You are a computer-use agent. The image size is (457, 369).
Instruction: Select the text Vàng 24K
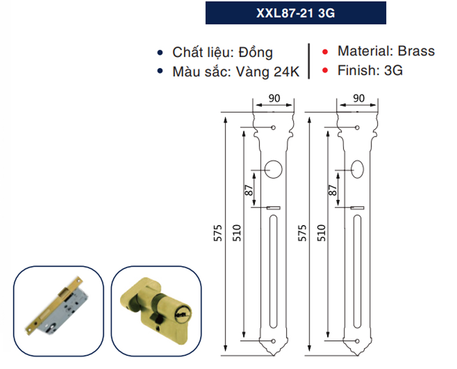pos(267,73)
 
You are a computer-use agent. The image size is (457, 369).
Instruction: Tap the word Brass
pos(416,51)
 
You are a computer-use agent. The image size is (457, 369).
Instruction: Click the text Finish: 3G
pos(370,71)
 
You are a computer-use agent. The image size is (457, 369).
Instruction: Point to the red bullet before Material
pos(325,52)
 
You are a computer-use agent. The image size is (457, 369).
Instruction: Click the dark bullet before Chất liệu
pos(162,53)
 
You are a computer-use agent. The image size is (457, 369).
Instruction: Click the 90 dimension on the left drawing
pos(274,98)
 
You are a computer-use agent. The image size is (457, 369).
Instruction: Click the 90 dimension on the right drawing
pos(358,98)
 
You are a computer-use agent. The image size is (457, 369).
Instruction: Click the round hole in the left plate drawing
pos(274,169)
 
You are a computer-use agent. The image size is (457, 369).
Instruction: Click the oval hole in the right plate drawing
pos(358,169)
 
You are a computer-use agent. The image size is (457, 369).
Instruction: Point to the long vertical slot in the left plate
pos(274,274)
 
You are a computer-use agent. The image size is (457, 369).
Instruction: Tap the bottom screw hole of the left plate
pos(274,342)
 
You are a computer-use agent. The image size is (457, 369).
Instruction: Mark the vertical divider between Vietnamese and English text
pos(309,60)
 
